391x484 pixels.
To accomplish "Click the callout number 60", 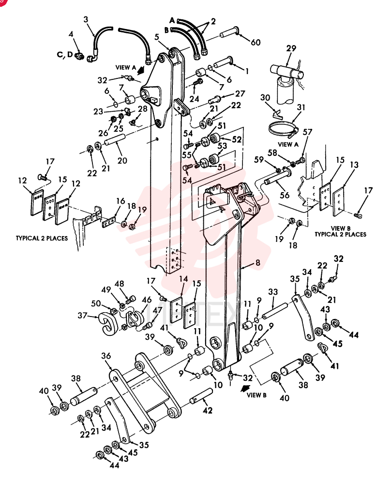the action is point(256,42).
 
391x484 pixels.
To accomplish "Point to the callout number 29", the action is point(291,48).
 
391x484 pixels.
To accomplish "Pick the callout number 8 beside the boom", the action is point(258,263).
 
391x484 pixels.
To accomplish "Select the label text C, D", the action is point(65,55).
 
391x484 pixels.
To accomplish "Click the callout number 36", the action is point(106,356).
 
